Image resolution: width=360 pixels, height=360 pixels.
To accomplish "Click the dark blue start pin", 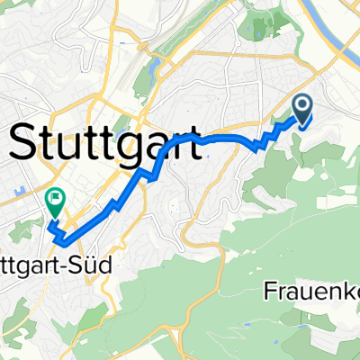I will pos(301,110).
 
